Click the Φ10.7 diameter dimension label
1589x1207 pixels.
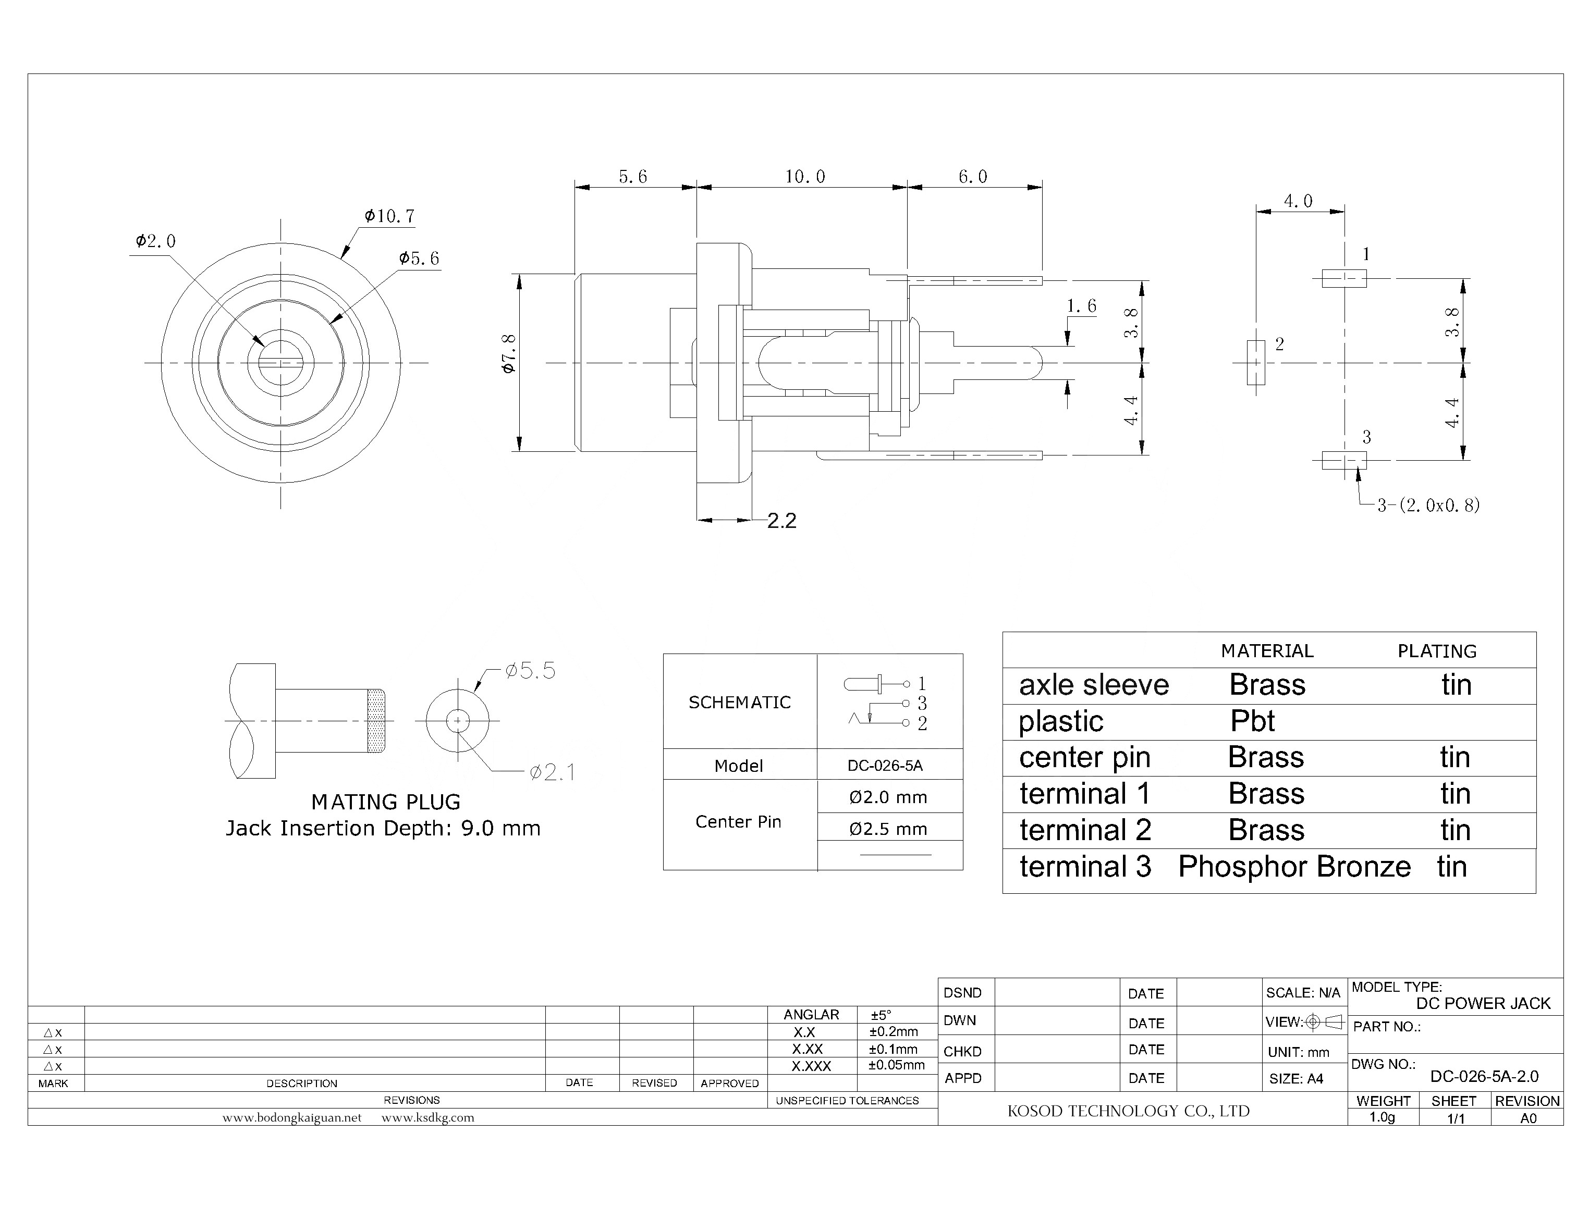389,216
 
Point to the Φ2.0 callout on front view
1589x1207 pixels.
155,241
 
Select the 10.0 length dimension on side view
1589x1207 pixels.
804,177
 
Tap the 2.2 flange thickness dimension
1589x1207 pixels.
781,521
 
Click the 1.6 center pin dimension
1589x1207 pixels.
1081,307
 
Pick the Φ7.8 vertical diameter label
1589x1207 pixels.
509,353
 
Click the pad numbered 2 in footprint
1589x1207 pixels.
1255,362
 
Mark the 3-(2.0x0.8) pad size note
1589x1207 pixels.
1428,506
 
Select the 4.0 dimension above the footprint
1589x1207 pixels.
1298,201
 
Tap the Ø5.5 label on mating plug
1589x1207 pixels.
530,671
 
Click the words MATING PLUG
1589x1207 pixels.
385,802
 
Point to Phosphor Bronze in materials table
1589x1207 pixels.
1293,867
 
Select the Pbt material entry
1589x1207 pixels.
1252,721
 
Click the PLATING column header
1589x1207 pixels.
1437,651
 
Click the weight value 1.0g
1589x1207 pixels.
1382,1117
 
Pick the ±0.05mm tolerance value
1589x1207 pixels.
896,1065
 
